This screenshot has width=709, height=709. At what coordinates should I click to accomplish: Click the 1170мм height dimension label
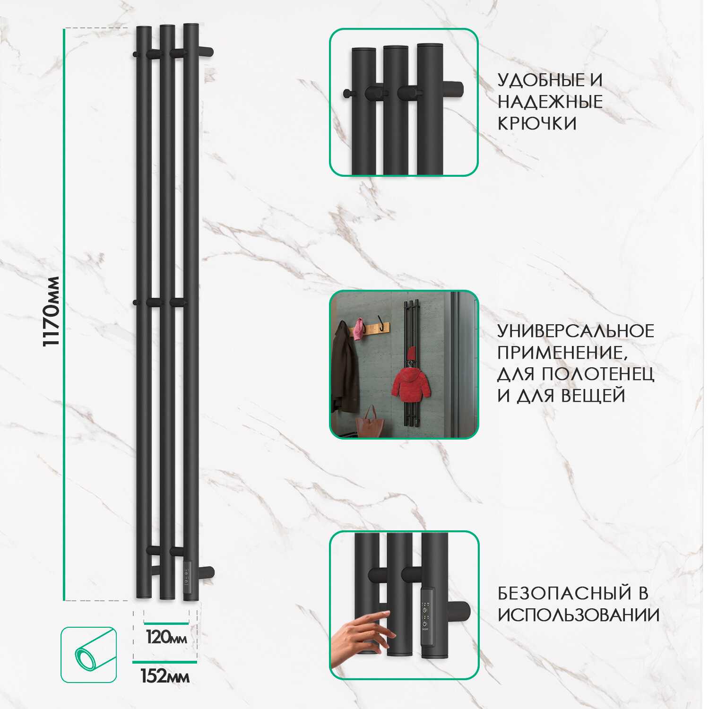pos(52,311)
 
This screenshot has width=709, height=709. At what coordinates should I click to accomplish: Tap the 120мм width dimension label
pos(166,638)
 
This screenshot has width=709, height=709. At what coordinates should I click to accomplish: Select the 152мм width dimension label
pos(165,676)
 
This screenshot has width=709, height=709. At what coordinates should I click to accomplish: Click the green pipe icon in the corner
pos(89,655)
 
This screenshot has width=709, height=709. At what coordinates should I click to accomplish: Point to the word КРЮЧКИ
pos(537,123)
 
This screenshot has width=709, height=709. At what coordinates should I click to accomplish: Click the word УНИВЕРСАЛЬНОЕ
pos(576,331)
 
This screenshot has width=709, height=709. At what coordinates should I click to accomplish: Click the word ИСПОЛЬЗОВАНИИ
pos(579,615)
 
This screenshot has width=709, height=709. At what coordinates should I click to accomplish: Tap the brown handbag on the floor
pos(371,424)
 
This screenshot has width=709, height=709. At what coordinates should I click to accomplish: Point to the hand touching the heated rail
pos(362,636)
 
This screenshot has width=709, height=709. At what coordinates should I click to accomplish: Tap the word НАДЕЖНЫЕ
pos(550,102)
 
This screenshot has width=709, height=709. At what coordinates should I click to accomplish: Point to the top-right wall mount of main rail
pos(206,52)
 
